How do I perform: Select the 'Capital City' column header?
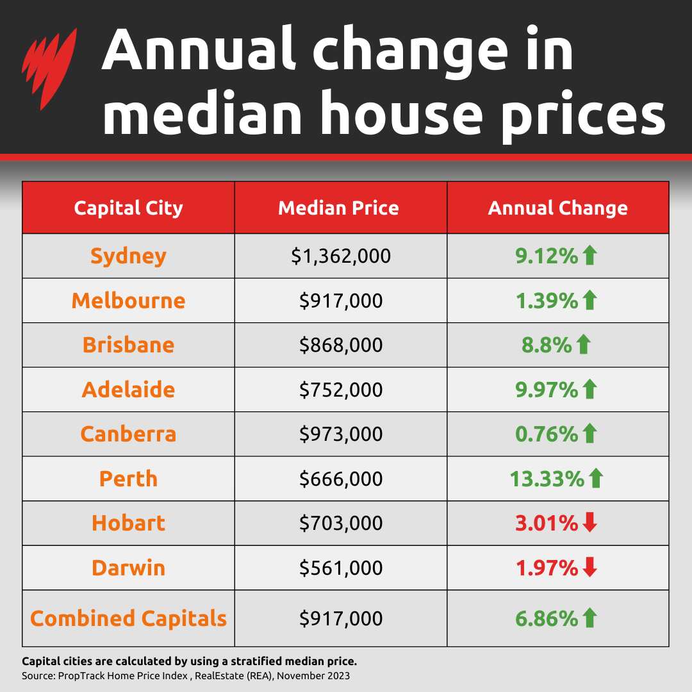tap(128, 208)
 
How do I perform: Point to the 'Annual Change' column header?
tap(557, 208)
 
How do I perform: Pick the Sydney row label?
tap(128, 256)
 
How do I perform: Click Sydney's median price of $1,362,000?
tap(340, 256)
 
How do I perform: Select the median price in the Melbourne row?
tap(340, 301)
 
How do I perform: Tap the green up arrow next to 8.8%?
tap(582, 345)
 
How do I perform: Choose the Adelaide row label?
tap(128, 390)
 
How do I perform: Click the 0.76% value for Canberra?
tap(547, 434)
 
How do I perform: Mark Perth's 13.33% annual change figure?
tap(547, 479)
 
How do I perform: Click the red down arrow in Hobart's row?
tap(590, 523)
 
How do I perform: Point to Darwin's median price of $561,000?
tap(340, 568)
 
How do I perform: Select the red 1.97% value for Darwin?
tap(547, 568)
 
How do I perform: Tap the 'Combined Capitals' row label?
tap(128, 618)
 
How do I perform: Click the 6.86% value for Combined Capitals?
tap(547, 618)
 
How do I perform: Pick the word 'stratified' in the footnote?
tap(263, 661)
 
